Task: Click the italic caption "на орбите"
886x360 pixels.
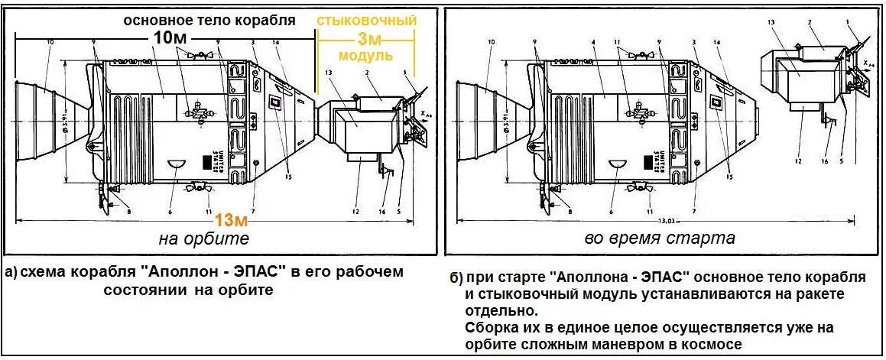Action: [203, 239]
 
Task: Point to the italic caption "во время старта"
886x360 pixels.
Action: [660, 238]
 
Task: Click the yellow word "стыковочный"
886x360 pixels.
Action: [366, 21]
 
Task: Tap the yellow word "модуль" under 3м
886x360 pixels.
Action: [366, 56]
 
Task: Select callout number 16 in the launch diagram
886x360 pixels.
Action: [824, 161]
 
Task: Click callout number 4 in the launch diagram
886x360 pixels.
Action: [592, 43]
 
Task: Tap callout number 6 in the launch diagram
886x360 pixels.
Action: [611, 212]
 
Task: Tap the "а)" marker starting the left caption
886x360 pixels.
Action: [11, 273]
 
